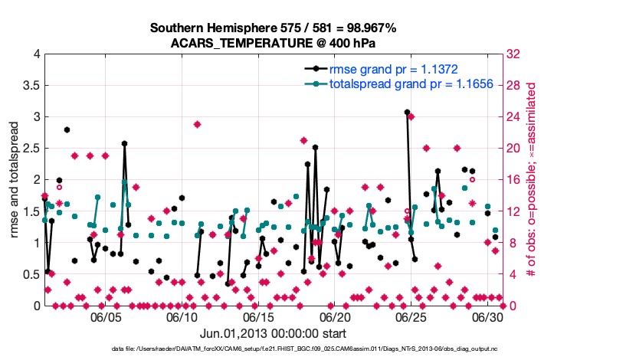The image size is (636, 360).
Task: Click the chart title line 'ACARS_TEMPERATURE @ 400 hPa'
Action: coord(273,43)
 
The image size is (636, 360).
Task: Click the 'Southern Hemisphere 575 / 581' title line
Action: coord(273,28)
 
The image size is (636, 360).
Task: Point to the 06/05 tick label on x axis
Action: coord(106,316)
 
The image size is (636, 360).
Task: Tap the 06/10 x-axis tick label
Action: coord(182,316)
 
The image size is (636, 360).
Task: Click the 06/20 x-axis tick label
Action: coord(335,316)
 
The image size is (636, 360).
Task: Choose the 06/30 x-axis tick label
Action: coord(488,316)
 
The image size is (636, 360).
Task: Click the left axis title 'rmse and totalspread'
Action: coord(15,180)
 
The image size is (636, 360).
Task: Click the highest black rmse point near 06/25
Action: coord(407,112)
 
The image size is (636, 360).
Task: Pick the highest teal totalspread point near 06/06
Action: coord(124,182)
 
